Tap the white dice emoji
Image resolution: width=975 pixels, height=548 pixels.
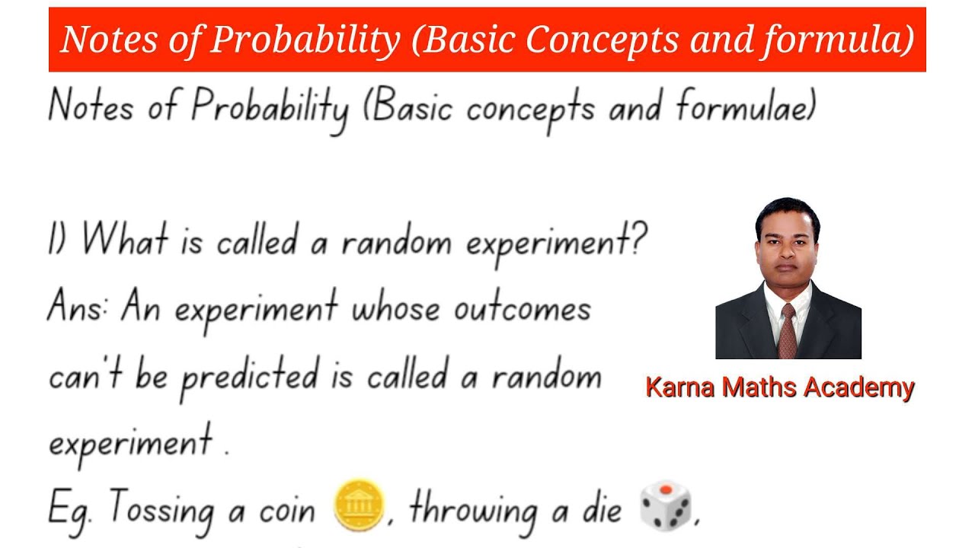[665, 505]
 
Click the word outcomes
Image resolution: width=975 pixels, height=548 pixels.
[522, 309]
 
